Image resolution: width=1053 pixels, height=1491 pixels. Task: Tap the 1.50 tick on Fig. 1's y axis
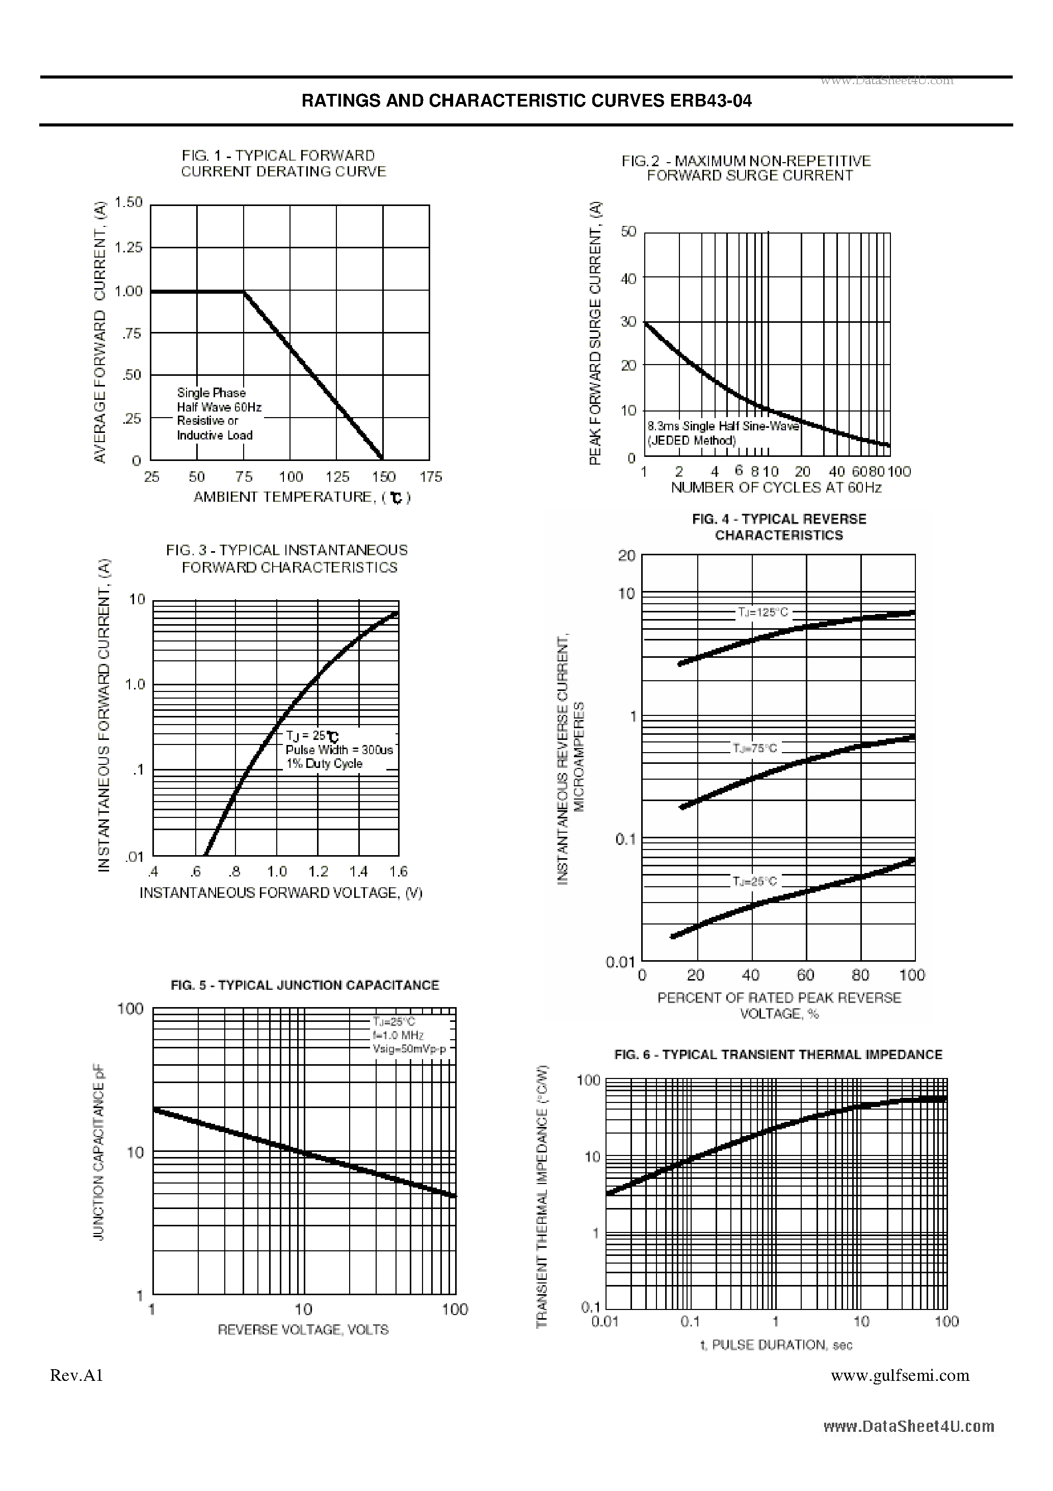(x=128, y=202)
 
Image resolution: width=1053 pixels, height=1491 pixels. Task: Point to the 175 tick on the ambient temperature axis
(x=430, y=477)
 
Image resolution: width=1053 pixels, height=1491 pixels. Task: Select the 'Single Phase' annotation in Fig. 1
(x=211, y=393)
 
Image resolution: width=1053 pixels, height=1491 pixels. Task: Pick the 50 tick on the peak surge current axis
(x=628, y=232)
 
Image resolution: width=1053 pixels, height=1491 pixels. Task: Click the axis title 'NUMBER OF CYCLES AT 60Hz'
(x=776, y=487)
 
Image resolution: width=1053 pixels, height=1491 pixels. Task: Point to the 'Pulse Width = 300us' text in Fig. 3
(x=339, y=750)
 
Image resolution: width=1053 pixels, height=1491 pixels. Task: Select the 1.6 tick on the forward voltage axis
(x=398, y=871)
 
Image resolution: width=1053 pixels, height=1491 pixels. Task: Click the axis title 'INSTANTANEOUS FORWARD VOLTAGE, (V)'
(x=281, y=893)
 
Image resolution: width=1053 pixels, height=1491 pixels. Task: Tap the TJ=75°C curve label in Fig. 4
(x=754, y=749)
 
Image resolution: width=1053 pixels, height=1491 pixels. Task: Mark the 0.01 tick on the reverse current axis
(x=619, y=962)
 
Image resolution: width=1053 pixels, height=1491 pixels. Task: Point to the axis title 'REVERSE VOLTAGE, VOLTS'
(x=303, y=1330)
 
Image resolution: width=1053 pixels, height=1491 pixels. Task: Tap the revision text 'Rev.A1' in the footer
(x=76, y=1375)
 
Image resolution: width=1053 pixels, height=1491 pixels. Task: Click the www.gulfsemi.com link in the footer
(x=900, y=1375)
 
